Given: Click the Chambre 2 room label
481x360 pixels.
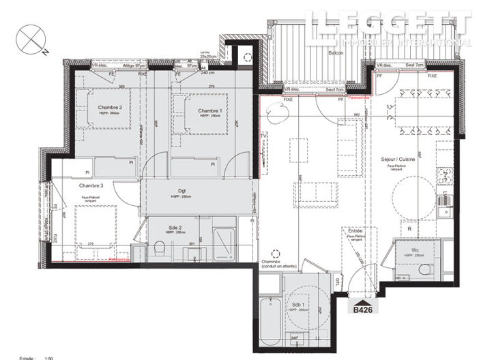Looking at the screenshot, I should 110,108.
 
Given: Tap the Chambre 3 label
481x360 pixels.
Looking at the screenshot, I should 91,185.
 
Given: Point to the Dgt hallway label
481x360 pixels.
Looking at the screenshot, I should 183,191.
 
